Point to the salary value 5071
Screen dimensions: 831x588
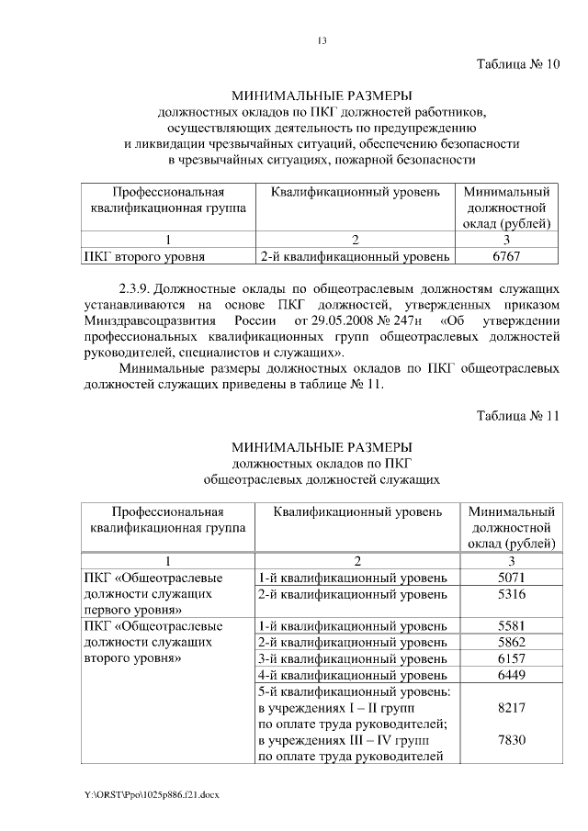click(x=511, y=578)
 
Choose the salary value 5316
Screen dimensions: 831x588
click(x=511, y=595)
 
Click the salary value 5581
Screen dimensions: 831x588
click(x=511, y=626)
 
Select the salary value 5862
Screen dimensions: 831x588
click(x=511, y=643)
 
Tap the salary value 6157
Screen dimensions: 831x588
click(x=511, y=659)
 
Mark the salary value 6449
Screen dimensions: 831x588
click(x=511, y=676)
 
